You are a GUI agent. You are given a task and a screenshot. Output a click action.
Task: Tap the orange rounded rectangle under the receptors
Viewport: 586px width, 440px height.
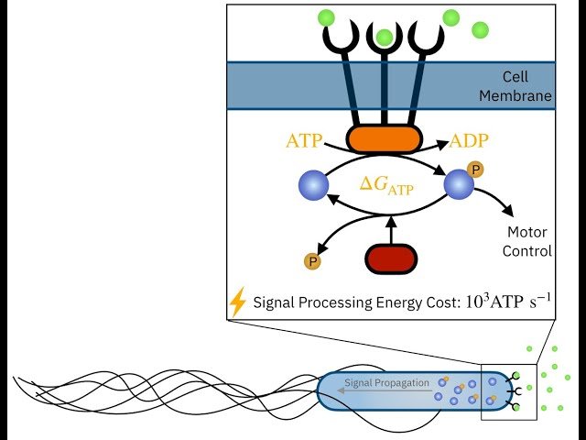click(384, 139)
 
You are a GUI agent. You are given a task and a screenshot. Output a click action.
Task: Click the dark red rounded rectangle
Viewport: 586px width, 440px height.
click(391, 259)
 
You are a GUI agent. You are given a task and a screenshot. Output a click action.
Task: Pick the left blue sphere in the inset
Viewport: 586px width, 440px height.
click(313, 186)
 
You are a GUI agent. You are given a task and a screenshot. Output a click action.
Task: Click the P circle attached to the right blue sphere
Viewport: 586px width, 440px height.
click(474, 169)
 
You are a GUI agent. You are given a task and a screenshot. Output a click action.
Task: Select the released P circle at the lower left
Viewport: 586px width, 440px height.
click(312, 262)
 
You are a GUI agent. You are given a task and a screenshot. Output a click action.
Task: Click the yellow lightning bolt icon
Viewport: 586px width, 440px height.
click(238, 302)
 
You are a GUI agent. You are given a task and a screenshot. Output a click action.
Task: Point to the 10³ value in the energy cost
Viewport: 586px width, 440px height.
click(478, 299)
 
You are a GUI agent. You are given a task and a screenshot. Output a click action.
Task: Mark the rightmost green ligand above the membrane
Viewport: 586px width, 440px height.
click(480, 30)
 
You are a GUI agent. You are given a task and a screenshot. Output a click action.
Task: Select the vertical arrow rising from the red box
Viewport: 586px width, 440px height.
click(391, 229)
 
